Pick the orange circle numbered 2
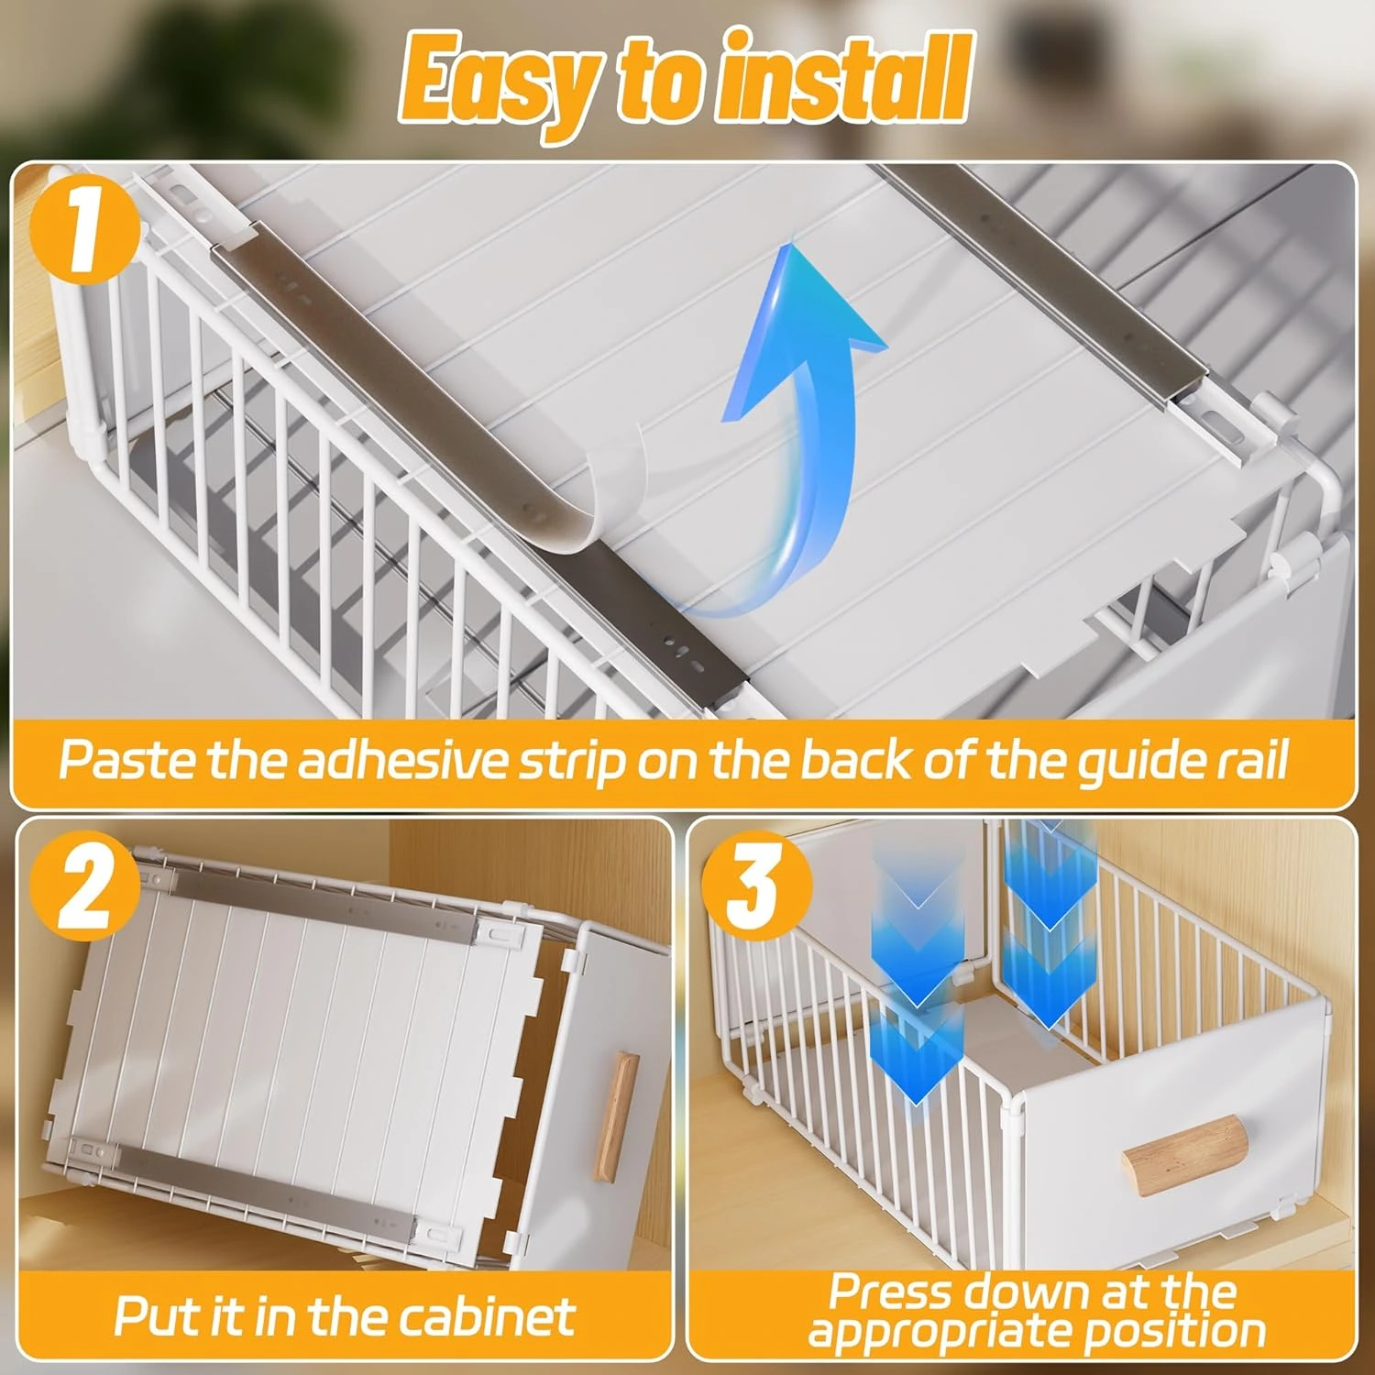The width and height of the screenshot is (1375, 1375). coord(85,886)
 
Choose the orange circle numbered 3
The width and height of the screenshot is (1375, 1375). coord(757,886)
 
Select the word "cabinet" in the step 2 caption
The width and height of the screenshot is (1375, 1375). coord(487,1316)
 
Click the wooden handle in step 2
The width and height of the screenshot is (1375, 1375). coord(617,1116)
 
